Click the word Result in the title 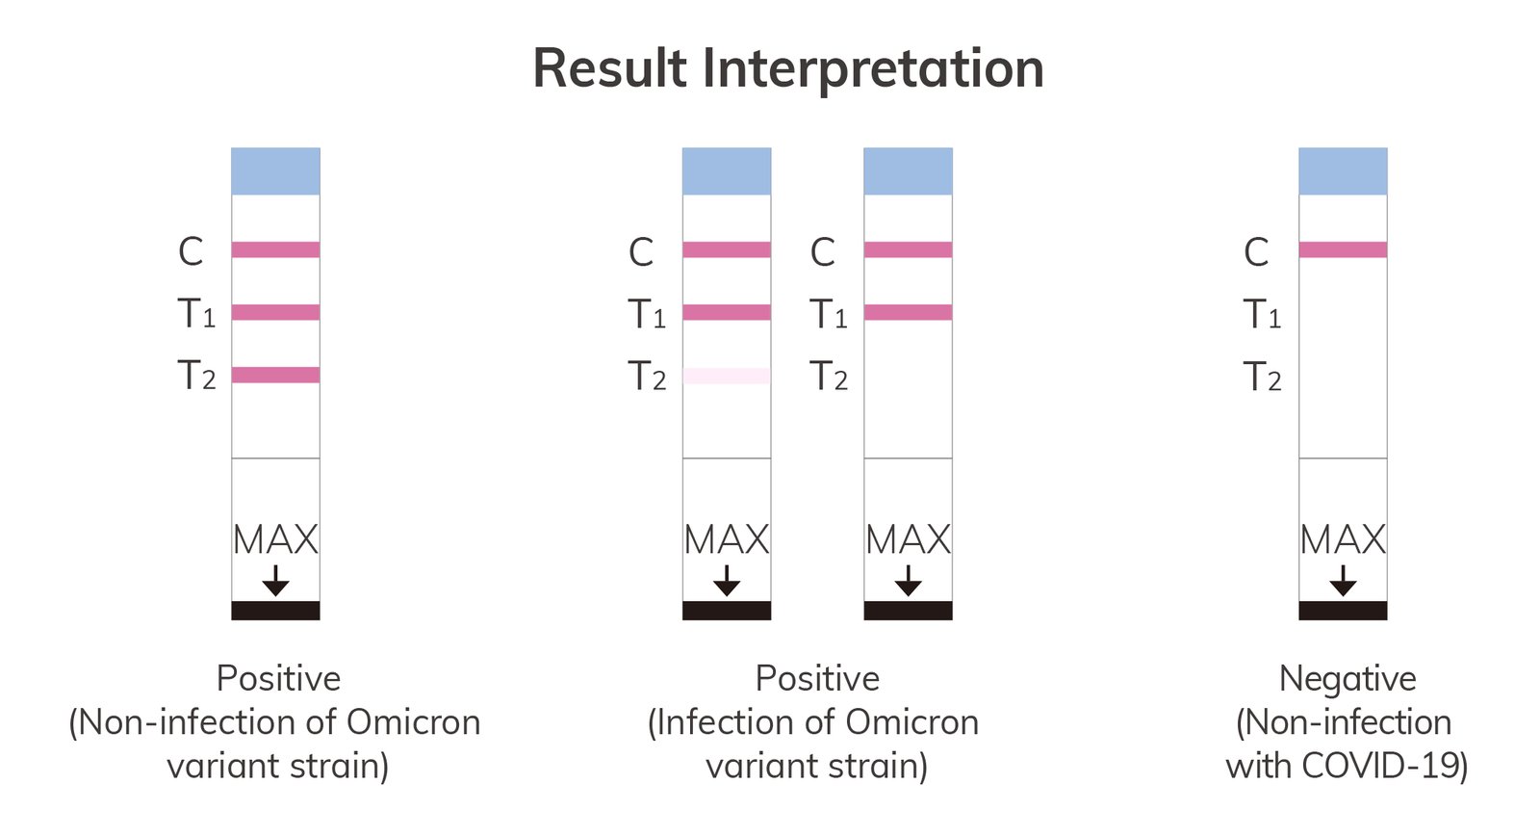tap(610, 68)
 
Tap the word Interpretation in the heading tap(873, 71)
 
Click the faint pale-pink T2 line tap(727, 376)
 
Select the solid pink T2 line tap(275, 375)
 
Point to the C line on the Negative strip tap(1343, 249)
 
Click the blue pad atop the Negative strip tap(1343, 171)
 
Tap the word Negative tap(1347, 679)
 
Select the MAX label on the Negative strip tap(1343, 539)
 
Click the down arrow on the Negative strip tap(1343, 581)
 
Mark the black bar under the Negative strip tap(1343, 611)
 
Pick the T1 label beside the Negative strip tap(1262, 314)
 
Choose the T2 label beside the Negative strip tap(1262, 377)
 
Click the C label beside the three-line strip tap(191, 251)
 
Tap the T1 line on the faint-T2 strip tap(727, 312)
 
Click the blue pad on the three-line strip tap(275, 171)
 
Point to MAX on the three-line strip tap(275, 539)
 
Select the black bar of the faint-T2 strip tap(727, 611)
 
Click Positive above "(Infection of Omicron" tap(817, 679)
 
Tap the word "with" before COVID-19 tap(1259, 765)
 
